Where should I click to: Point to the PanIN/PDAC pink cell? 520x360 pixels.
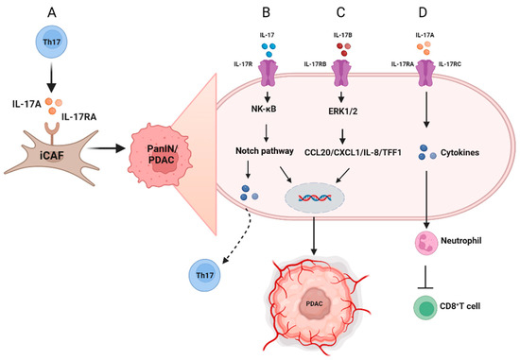[165, 148]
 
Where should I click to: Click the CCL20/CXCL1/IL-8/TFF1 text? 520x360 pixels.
[344, 150]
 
